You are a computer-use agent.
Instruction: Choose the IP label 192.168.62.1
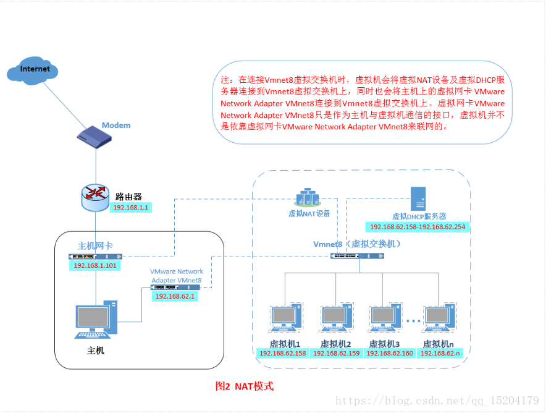[x=175, y=297]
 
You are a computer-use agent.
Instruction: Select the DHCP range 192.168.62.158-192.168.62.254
[x=417, y=228]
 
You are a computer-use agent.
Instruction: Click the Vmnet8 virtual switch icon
[x=357, y=255]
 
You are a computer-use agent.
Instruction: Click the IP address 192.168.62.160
[x=389, y=354]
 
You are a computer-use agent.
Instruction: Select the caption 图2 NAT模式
[x=244, y=386]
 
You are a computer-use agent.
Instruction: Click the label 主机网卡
[x=95, y=246]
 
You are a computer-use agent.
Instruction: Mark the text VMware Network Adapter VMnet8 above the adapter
[x=177, y=276]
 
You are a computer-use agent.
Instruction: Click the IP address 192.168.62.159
[x=335, y=354]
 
